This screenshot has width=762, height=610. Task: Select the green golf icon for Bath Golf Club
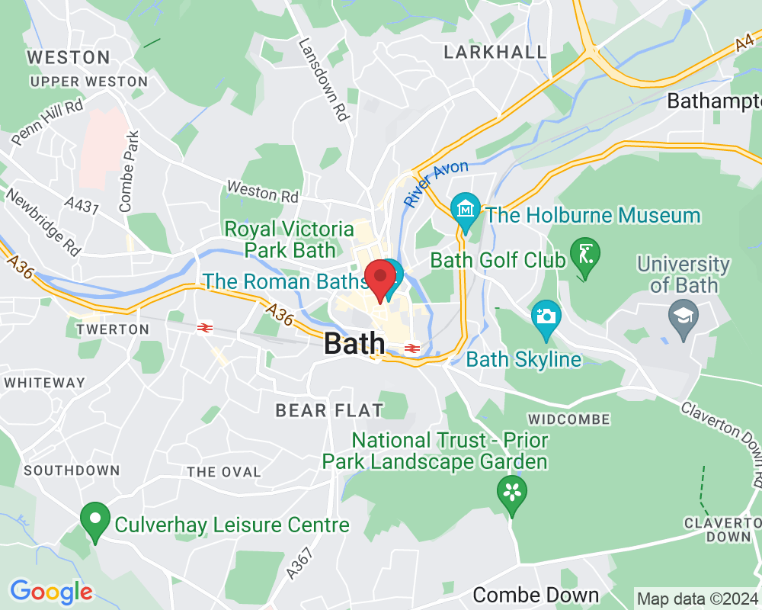click(x=584, y=256)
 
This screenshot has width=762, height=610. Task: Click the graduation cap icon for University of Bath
click(x=679, y=313)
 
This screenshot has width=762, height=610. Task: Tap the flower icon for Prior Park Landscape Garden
click(x=512, y=492)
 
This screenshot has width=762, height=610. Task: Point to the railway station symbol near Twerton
click(x=204, y=328)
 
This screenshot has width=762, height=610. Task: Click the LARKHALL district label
click(x=495, y=52)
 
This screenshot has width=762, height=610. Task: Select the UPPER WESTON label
click(x=89, y=82)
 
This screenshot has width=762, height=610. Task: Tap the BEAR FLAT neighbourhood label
click(x=329, y=411)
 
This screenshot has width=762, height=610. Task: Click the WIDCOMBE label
click(x=568, y=419)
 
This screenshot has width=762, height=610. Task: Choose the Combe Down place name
click(x=536, y=595)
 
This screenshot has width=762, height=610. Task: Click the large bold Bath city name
click(x=354, y=344)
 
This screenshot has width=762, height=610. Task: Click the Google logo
click(x=51, y=591)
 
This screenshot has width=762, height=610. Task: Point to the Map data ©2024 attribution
click(x=697, y=599)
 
